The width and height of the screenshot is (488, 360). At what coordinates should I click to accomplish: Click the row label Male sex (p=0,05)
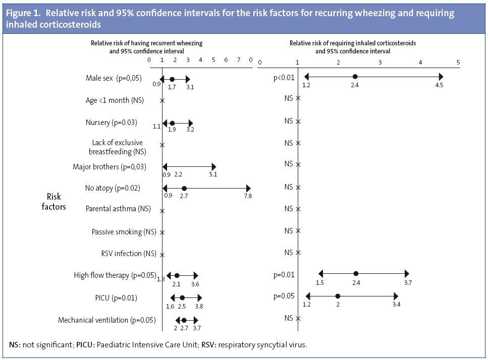coord(114,78)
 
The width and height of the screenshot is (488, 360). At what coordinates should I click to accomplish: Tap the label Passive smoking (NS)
coord(124,232)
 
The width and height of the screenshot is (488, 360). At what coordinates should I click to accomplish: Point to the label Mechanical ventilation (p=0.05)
coord(107,320)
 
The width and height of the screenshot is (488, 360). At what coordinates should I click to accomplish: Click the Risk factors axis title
coord(53,202)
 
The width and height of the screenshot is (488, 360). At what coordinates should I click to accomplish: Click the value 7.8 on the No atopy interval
coord(248,196)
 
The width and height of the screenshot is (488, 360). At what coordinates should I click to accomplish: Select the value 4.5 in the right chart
coord(439,85)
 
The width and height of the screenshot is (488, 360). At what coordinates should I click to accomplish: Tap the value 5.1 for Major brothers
coord(213,174)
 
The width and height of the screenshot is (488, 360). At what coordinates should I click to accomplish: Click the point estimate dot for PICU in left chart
coord(183,298)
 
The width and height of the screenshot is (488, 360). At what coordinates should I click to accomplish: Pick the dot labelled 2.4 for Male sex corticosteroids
coord(355,77)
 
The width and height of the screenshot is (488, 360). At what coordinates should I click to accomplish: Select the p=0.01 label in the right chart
coord(284,275)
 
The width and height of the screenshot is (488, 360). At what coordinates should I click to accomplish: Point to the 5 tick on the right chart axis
coord(458,63)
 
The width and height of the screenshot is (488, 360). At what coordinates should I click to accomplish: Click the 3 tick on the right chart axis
coord(379,63)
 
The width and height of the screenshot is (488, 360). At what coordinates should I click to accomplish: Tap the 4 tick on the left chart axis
coord(200,60)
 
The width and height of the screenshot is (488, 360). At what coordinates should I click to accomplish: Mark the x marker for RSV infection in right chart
coord(298,253)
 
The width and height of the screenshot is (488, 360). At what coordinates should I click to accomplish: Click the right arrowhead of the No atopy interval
coord(247,188)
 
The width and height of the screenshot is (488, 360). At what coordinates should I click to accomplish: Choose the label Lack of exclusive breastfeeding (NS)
coord(117,147)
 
